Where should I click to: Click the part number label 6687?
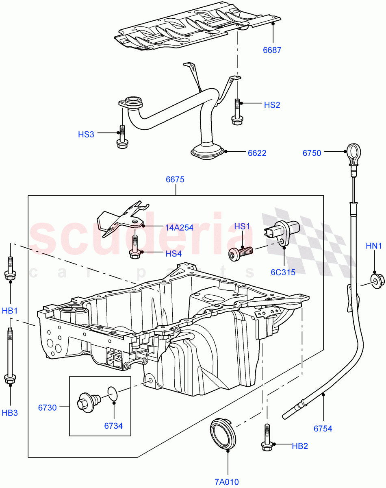pos(272,50)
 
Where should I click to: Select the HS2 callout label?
pos(272,105)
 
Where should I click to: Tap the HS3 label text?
pos(86,134)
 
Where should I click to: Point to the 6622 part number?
pos(257,153)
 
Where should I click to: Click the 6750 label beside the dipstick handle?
pos(312,153)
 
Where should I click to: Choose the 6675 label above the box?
pos(175,179)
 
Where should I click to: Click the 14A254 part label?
pos(179,228)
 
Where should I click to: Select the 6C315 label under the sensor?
pos(283,272)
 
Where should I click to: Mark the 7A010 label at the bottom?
pos(227,482)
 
